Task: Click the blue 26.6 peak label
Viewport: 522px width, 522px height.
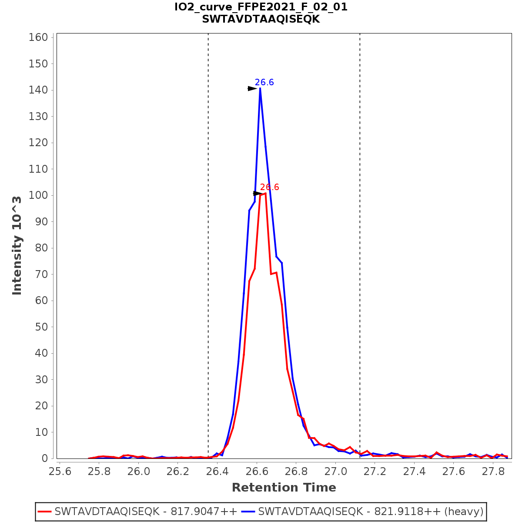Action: pyautogui.click(x=264, y=83)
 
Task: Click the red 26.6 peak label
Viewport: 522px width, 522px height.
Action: pyautogui.click(x=270, y=187)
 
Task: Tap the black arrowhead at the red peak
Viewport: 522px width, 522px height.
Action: pyautogui.click(x=258, y=194)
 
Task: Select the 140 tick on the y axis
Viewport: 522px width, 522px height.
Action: pyautogui.click(x=38, y=90)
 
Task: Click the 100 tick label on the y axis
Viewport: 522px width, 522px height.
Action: pyautogui.click(x=38, y=195)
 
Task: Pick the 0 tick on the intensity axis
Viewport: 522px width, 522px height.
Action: pyautogui.click(x=44, y=458)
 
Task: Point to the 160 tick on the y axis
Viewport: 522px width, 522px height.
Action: pyautogui.click(x=38, y=37)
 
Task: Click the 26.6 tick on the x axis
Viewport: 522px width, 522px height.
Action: pyautogui.click(x=257, y=472)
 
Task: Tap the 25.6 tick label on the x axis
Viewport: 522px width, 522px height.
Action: pyautogui.click(x=60, y=472)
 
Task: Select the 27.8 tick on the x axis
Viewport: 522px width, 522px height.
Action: pyautogui.click(x=493, y=472)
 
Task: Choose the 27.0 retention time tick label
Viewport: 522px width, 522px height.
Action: pyautogui.click(x=335, y=472)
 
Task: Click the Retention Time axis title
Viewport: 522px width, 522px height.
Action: pyautogui.click(x=284, y=488)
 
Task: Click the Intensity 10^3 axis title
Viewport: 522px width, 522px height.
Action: pyautogui.click(x=17, y=245)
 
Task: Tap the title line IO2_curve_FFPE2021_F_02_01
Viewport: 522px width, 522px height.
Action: pyautogui.click(x=261, y=7)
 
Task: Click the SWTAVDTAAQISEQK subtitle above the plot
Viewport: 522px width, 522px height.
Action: pyautogui.click(x=261, y=19)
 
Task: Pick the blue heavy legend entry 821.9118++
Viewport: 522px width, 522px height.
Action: pyautogui.click(x=370, y=512)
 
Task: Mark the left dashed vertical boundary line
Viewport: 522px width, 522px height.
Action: pyautogui.click(x=208, y=244)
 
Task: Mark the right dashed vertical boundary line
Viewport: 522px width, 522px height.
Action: pyautogui.click(x=360, y=244)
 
